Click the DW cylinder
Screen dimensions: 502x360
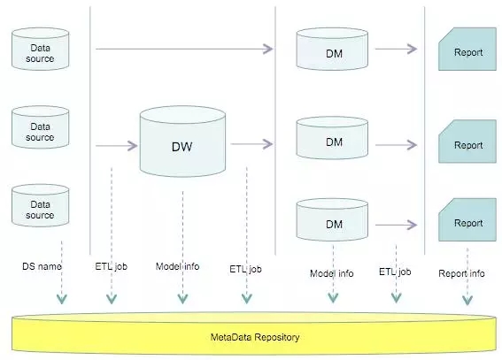(182, 142)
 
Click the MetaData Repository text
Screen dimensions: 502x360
(255, 337)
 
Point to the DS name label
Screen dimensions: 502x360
(42, 266)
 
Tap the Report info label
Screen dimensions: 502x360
(461, 273)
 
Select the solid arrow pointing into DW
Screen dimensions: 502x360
(117, 146)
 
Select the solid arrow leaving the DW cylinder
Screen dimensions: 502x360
(251, 144)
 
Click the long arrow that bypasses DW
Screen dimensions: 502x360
(184, 49)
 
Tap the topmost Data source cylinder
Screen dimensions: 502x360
(41, 49)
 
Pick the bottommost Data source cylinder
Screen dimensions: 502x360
(41, 205)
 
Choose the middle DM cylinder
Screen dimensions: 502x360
(332, 138)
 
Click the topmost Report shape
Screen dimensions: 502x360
(467, 49)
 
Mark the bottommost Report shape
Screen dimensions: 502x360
(467, 219)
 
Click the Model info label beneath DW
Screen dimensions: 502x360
(177, 266)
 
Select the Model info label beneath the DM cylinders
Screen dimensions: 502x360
(332, 273)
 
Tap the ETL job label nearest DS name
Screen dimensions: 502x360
(111, 266)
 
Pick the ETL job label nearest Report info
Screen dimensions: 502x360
(395, 272)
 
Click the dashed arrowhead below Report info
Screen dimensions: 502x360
(467, 300)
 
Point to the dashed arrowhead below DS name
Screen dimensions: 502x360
(62, 299)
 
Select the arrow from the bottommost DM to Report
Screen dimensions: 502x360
(396, 225)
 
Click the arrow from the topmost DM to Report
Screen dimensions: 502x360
(396, 49)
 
